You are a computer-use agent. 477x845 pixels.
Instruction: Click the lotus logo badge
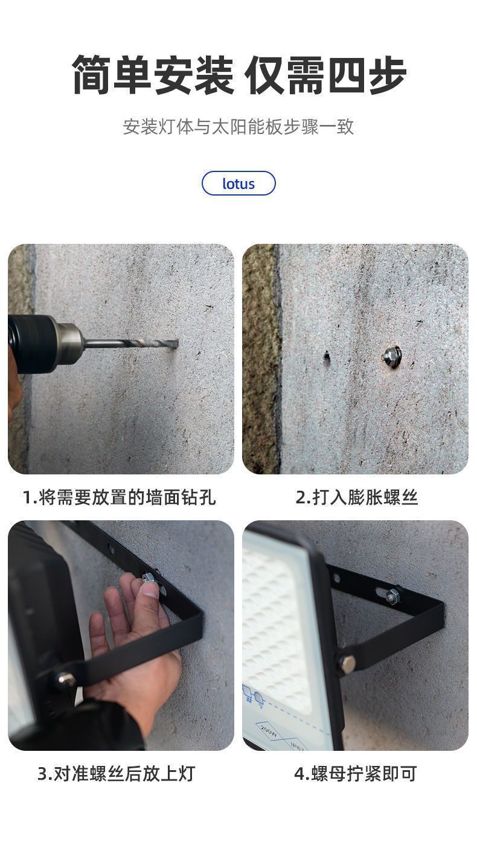tap(238, 183)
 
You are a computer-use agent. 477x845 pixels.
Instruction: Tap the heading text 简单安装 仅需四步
tap(239, 75)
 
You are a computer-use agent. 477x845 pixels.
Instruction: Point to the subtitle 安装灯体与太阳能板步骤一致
tap(238, 127)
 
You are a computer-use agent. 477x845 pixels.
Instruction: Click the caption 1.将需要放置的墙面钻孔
tap(120, 497)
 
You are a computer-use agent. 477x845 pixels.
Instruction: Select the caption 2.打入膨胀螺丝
tap(356, 497)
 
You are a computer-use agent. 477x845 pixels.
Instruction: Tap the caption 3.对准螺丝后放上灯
tap(116, 773)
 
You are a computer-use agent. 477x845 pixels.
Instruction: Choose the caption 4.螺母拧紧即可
tap(356, 773)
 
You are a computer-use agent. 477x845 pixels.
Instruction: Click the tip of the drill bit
tap(178, 343)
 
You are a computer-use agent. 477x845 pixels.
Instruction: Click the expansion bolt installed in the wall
tap(391, 355)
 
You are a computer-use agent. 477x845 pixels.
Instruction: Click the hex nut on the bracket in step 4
tap(392, 595)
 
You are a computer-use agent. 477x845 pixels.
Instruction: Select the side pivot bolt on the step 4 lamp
tap(347, 663)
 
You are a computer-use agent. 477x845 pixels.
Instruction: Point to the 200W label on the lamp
tap(269, 731)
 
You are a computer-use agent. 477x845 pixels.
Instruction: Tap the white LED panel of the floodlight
tap(279, 622)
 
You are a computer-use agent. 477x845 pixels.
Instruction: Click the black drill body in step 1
tap(32, 344)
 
